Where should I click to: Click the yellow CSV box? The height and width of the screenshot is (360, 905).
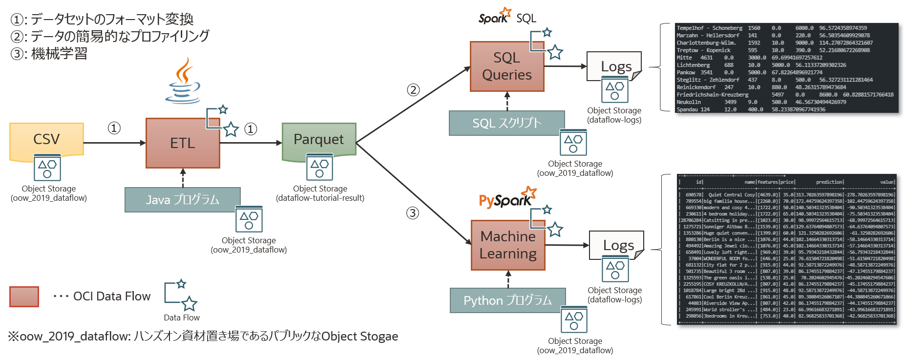tap(46, 140)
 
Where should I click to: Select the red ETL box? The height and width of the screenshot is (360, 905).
tap(182, 143)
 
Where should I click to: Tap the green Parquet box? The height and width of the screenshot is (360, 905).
tap(318, 140)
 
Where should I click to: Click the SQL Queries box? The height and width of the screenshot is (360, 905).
tap(506, 66)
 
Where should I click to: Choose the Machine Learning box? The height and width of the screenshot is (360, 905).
tap(507, 245)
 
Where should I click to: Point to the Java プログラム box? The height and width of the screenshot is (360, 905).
tap(182, 200)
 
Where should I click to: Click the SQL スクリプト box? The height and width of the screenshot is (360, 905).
tap(506, 123)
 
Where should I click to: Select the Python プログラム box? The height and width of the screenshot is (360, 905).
tap(507, 300)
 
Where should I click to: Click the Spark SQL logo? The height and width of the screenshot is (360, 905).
tap(506, 18)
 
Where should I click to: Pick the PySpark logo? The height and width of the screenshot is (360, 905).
tap(506, 199)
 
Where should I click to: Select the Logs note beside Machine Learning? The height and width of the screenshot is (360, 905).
tap(617, 245)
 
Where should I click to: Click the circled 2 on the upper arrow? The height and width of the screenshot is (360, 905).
tap(413, 90)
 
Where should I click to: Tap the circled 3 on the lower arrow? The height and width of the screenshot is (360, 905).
tap(413, 213)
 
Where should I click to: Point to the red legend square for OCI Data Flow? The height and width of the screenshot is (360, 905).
tap(24, 296)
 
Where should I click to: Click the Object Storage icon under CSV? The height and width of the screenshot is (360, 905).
tap(47, 168)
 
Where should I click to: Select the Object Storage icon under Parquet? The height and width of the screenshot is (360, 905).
tap(320, 168)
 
